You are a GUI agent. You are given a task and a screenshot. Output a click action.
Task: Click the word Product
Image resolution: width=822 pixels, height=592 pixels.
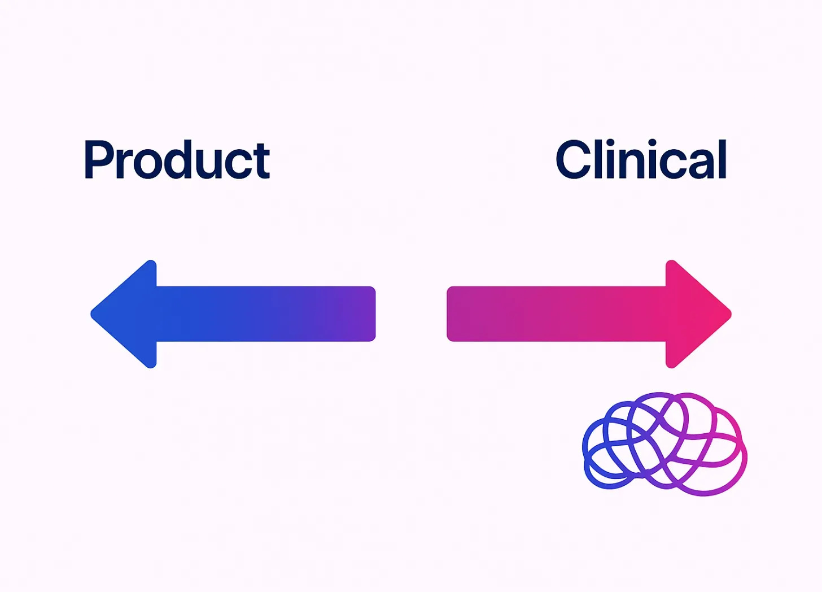tap(177, 160)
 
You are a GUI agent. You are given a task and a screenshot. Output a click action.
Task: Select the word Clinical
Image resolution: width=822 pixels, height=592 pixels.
tap(641, 160)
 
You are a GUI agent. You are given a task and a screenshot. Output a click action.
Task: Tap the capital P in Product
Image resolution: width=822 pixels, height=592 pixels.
tap(97, 160)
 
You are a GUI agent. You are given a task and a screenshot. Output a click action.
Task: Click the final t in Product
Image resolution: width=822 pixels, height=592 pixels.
tap(261, 163)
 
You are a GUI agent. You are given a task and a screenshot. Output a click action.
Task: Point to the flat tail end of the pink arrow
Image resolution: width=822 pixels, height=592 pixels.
tap(457, 314)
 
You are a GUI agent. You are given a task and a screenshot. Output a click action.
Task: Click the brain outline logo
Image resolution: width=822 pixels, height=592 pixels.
tap(664, 444)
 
